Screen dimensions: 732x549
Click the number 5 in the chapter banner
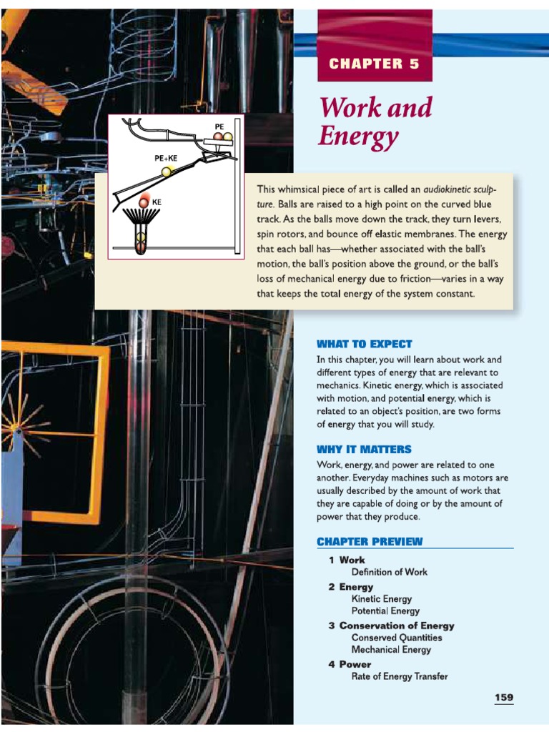(x=413, y=64)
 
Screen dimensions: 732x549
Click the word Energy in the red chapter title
(x=358, y=136)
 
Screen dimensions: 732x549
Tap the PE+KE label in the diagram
(x=166, y=158)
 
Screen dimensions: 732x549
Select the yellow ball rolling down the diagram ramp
(x=167, y=172)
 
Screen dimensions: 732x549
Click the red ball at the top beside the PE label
(x=218, y=136)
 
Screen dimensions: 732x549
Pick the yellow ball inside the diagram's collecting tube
(x=142, y=238)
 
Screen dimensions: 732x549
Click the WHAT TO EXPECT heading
(x=365, y=344)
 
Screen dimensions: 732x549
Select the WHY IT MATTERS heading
(x=364, y=449)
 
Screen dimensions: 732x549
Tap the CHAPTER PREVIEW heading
(x=370, y=541)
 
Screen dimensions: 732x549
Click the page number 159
(x=503, y=697)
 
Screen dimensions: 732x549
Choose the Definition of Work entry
(x=389, y=572)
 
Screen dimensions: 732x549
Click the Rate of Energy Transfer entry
(x=399, y=676)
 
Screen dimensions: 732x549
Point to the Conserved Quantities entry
(x=396, y=638)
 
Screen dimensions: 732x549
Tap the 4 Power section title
(x=350, y=664)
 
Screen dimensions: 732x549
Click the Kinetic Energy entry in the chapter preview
(x=381, y=599)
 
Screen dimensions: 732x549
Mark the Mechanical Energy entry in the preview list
(x=391, y=650)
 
